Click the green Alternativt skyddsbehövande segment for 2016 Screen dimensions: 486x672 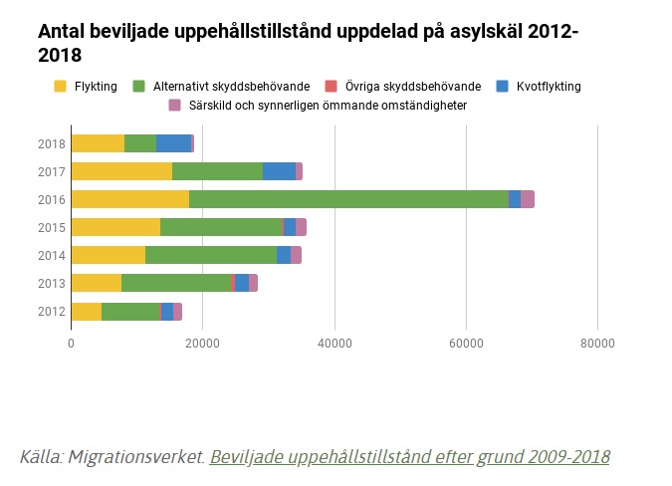pos(348,199)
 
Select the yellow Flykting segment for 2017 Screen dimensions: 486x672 pos(121,171)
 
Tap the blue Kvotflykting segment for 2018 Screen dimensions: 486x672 pos(173,143)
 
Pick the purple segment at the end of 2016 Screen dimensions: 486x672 pos(528,199)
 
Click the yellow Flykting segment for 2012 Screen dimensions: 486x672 pos(87,312)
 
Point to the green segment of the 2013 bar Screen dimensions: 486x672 pos(176,284)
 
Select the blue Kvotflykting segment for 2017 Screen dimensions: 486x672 pos(279,171)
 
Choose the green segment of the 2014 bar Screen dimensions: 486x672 pos(211,256)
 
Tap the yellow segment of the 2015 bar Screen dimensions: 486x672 pos(115,227)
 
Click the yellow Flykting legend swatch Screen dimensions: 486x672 pos(61,87)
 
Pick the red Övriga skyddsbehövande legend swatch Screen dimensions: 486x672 pos(333,87)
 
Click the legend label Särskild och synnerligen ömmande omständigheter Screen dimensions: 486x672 pos(328,105)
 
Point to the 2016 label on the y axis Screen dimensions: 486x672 pos(52,199)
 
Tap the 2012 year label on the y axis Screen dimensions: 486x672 pos(52,312)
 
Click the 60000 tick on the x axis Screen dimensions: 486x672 pos(466,344)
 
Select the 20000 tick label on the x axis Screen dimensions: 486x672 pos(203,344)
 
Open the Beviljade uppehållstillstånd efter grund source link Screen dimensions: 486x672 pos(410,457)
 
